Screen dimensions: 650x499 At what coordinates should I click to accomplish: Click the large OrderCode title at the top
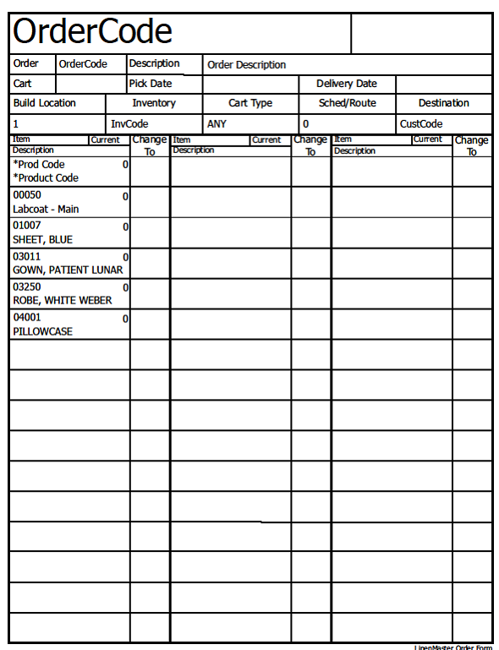click(x=92, y=32)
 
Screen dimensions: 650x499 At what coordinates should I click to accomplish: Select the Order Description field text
click(x=246, y=65)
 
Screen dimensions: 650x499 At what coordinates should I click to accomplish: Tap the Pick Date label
click(x=150, y=84)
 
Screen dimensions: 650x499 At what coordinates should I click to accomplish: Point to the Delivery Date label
click(x=346, y=84)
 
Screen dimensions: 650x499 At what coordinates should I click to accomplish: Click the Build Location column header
click(x=44, y=103)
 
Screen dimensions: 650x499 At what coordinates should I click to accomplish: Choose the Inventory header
click(x=154, y=103)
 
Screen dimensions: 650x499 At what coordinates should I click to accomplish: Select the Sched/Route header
click(x=347, y=103)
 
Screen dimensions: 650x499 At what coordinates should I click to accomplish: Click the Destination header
click(x=443, y=103)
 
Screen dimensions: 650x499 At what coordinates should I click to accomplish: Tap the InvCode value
click(x=129, y=123)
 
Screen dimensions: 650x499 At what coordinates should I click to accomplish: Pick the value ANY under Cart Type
click(x=217, y=123)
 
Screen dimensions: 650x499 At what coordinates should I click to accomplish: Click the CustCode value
click(x=421, y=123)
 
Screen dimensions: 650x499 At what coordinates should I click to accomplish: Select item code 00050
click(x=26, y=195)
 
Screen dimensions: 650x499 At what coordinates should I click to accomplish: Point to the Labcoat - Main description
click(x=46, y=209)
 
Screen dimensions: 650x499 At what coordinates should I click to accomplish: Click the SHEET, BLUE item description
click(x=42, y=239)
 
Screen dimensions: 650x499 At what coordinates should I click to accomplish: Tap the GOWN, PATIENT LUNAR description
click(x=68, y=270)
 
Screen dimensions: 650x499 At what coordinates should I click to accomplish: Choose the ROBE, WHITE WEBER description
click(x=62, y=300)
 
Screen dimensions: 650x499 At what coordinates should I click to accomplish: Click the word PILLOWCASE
click(x=42, y=331)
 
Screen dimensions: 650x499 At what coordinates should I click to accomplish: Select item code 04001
click(x=26, y=318)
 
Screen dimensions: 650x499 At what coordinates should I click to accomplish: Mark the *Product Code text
click(x=46, y=178)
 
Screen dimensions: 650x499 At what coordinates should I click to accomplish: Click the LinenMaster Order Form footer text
click(x=453, y=647)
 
